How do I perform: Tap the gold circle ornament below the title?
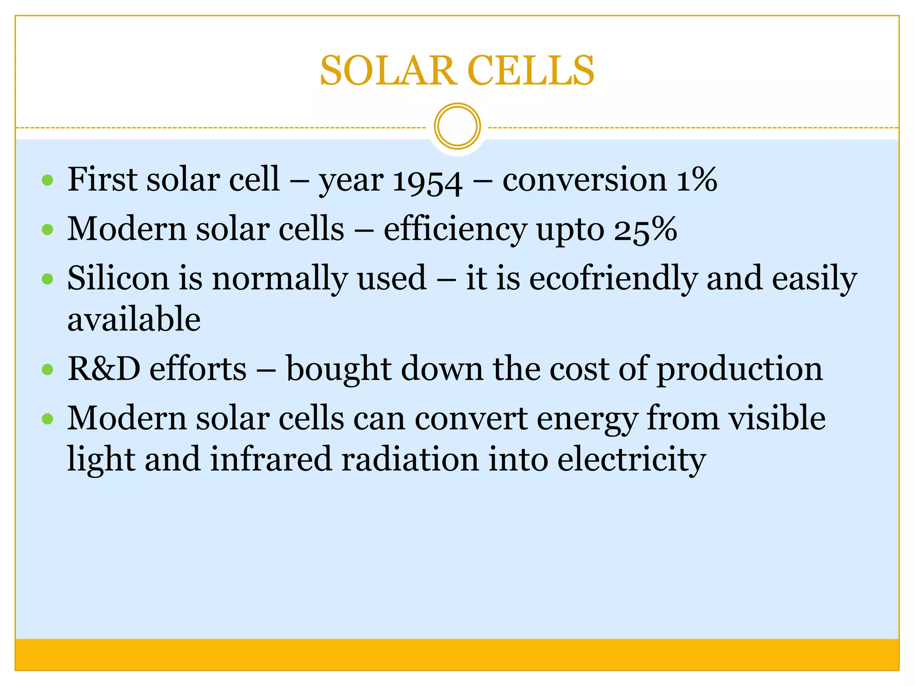click(x=457, y=126)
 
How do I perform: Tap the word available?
click(x=134, y=319)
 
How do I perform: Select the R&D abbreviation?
click(x=104, y=369)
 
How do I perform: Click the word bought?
click(x=339, y=370)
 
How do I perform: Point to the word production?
click(x=739, y=370)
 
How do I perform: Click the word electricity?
click(x=631, y=460)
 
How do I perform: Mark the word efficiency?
click(x=455, y=230)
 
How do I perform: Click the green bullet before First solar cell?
click(x=47, y=180)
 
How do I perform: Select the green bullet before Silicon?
click(x=47, y=280)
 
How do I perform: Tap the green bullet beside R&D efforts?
click(x=47, y=370)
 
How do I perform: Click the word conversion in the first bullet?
click(x=585, y=180)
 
